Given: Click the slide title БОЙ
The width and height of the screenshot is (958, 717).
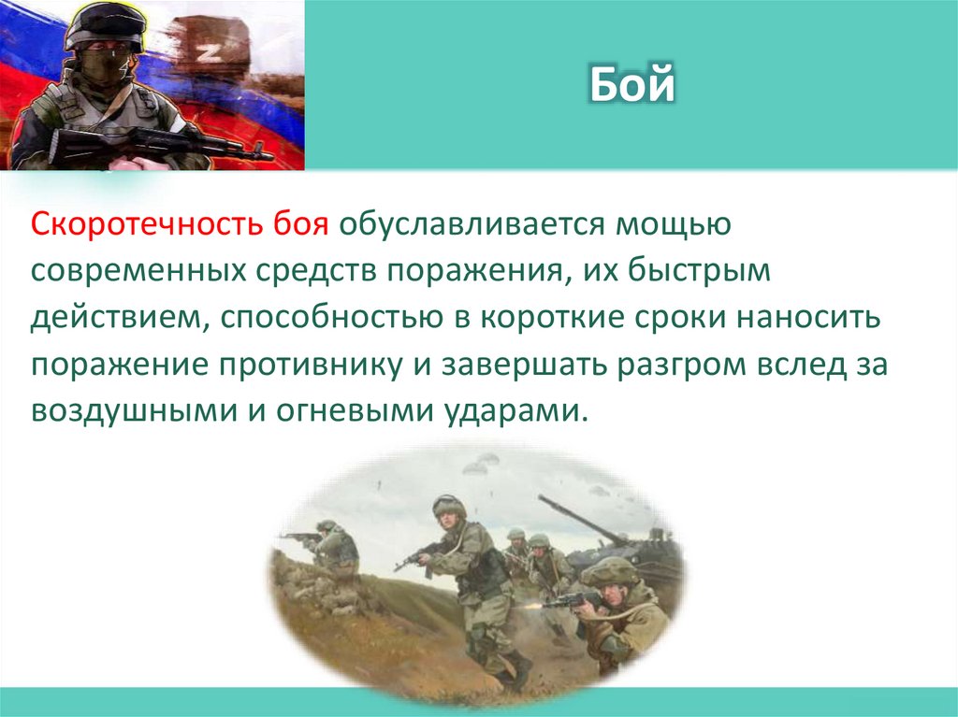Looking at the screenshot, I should [x=631, y=86].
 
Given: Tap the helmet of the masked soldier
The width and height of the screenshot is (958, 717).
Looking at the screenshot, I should [x=104, y=24].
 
